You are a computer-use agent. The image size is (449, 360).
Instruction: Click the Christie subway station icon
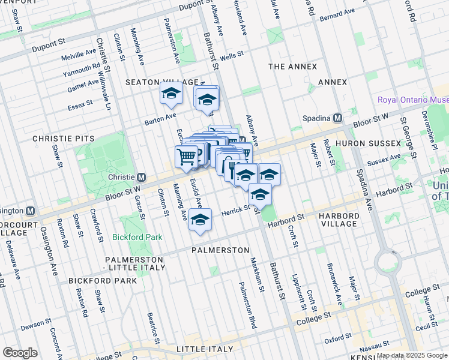click(142, 178)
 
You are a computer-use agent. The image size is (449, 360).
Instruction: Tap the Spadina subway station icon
click(338, 118)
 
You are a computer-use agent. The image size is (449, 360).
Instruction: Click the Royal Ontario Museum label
click(413, 100)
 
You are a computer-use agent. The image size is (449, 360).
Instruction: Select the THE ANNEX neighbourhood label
click(292, 67)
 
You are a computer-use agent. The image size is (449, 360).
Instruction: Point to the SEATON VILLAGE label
click(161, 82)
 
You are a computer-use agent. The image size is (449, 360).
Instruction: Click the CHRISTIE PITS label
click(64, 139)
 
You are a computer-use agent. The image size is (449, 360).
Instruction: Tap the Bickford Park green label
click(137, 237)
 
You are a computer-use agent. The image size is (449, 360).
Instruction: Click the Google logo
click(20, 353)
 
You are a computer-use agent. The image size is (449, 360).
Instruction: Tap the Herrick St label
click(236, 209)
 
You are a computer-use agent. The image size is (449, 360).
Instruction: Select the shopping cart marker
click(187, 157)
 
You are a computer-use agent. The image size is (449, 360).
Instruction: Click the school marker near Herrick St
click(200, 220)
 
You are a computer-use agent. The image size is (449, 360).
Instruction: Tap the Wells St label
click(231, 55)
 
